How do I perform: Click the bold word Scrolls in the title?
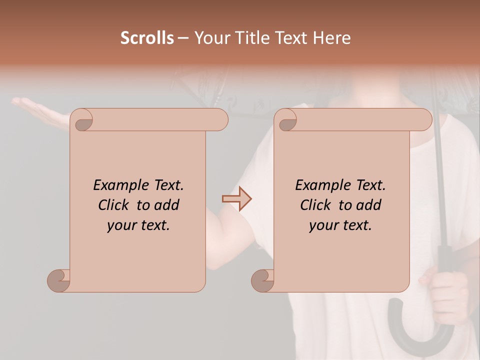point(147,37)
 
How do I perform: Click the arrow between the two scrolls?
point(236,199)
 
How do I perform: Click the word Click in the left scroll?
point(115,205)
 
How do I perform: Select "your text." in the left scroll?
point(138,225)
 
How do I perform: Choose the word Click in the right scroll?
point(317,205)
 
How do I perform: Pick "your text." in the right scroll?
point(340,225)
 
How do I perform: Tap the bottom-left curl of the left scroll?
point(58,280)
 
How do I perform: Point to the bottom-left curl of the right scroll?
point(262,280)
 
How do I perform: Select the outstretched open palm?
point(40,110)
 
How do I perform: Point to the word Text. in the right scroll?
point(370,185)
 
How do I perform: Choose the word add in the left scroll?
point(166,205)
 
